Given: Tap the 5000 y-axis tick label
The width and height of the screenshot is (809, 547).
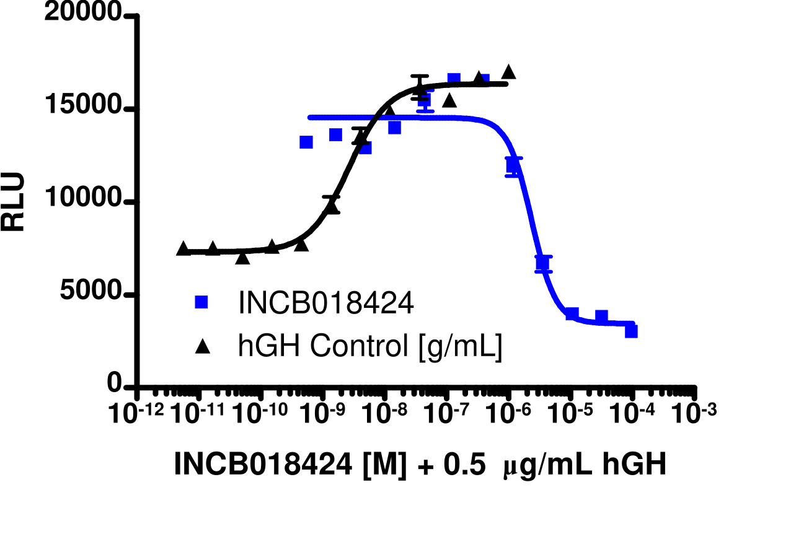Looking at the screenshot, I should (x=91, y=294).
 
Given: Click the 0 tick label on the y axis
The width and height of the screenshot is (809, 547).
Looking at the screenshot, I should (x=115, y=385).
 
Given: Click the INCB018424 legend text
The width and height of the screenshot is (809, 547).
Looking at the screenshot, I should (x=325, y=304).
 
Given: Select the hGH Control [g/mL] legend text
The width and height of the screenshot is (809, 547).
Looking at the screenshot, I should (x=370, y=348).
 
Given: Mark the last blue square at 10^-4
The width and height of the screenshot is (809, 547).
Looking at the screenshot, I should (x=631, y=331).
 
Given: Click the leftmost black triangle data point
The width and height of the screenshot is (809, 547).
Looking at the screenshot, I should (x=183, y=248).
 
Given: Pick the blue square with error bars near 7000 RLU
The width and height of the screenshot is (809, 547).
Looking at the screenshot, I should (x=543, y=264).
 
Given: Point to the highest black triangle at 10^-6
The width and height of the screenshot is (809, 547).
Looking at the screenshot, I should (x=509, y=72).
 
